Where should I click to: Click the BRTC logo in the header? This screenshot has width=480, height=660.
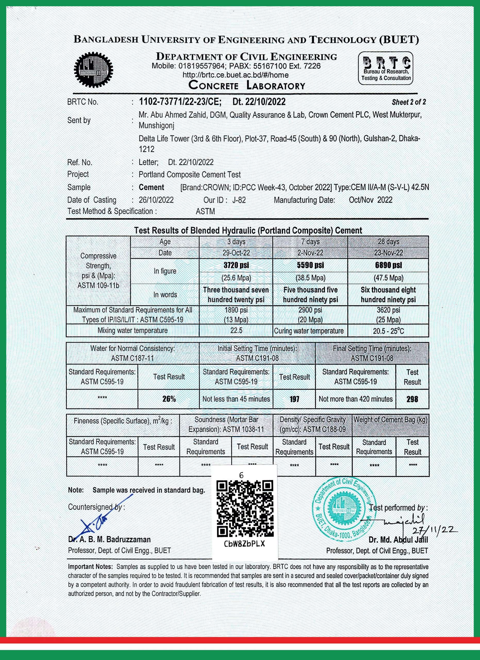[385, 68]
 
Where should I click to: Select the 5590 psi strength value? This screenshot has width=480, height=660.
[310, 265]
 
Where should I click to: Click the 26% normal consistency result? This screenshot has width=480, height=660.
[169, 399]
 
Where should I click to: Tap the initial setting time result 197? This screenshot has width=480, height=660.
[294, 399]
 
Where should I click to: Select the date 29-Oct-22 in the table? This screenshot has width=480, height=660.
[236, 253]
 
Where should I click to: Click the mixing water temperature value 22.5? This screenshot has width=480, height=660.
[236, 331]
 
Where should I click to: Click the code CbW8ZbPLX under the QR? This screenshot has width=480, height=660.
[245, 544]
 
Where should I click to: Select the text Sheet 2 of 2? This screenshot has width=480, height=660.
[408, 102]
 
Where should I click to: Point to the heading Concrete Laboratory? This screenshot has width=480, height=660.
[247, 86]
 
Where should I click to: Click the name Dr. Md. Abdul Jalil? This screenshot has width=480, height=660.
[398, 540]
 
